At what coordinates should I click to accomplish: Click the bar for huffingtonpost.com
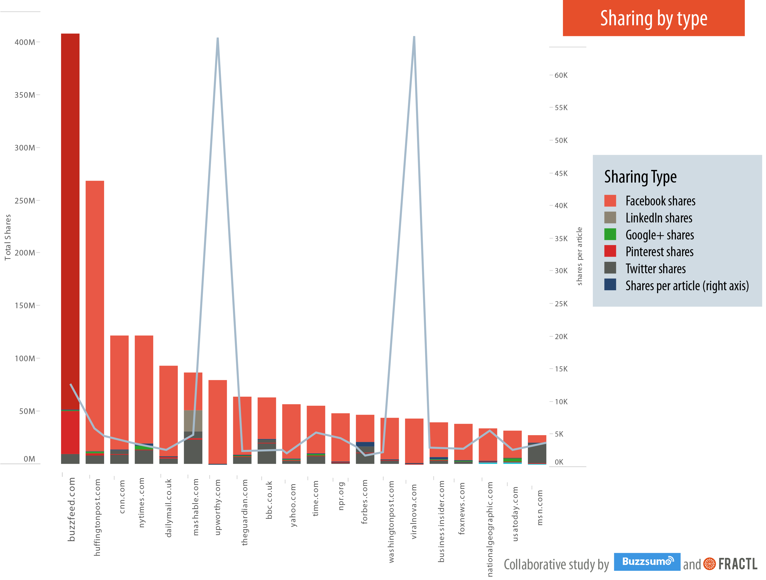click(95, 311)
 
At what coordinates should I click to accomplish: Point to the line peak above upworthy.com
click(217, 39)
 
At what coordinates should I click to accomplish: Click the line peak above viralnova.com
click(414, 37)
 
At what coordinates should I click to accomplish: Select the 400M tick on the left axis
click(25, 42)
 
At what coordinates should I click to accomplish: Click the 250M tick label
click(25, 201)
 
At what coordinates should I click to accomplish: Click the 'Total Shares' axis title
click(8, 237)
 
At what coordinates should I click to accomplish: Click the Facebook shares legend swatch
click(610, 201)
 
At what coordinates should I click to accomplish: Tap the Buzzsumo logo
click(647, 561)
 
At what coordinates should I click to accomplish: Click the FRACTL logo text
click(738, 564)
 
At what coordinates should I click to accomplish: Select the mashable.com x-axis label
click(196, 507)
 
